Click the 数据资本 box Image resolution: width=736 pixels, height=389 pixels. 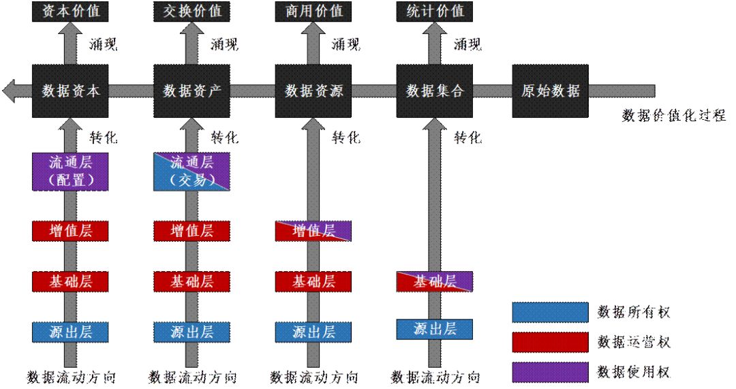pos(70,91)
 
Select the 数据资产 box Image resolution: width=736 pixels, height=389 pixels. pos(191,91)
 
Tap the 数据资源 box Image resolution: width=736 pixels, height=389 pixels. pos(313,91)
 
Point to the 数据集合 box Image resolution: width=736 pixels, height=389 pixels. pos(435,91)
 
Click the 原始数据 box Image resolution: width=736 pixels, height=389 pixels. pos(550,91)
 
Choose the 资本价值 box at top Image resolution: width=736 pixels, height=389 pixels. pos(70,11)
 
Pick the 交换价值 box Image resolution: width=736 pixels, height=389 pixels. pos(191,11)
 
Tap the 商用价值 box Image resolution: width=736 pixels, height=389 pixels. pos(313,11)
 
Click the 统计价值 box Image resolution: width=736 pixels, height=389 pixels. pos(435,11)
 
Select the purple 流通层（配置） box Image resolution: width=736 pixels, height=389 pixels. pos(70,171)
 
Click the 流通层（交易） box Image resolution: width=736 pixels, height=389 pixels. pos(191,171)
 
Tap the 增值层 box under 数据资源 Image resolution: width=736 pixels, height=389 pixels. pos(313,230)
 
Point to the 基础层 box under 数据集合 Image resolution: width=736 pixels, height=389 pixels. pos(435,281)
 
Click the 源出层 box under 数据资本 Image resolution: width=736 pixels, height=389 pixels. pos(70,332)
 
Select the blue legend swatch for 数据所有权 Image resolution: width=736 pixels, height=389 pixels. pos(550,312)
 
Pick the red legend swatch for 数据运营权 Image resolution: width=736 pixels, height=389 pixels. pos(550,341)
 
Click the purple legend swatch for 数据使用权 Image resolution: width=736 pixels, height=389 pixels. pos(550,371)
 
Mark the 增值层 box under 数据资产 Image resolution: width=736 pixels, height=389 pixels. pos(191,230)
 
